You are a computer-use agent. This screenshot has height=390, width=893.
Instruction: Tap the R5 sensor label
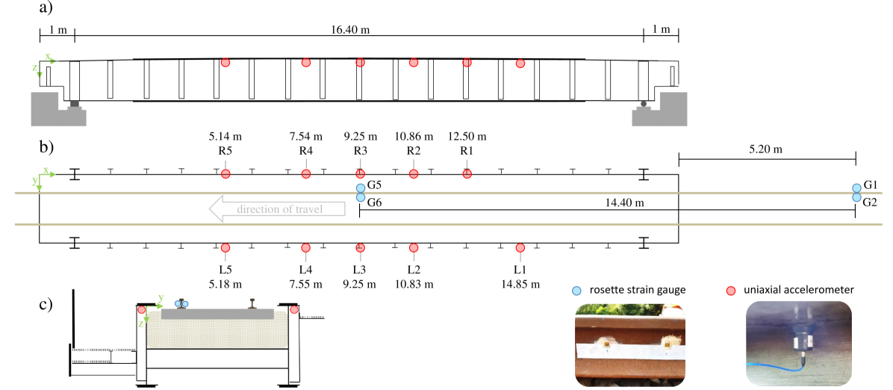pos(225,151)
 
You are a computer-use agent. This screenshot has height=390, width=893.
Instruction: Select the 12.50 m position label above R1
pos(467,137)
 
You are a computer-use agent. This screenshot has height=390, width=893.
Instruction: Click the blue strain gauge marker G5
pos(360,188)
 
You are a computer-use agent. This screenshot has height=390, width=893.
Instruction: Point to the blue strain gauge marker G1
pos(856,188)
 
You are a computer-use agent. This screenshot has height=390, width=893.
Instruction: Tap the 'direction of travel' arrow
pos(277,209)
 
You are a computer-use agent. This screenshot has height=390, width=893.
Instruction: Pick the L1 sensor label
pos(520,269)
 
